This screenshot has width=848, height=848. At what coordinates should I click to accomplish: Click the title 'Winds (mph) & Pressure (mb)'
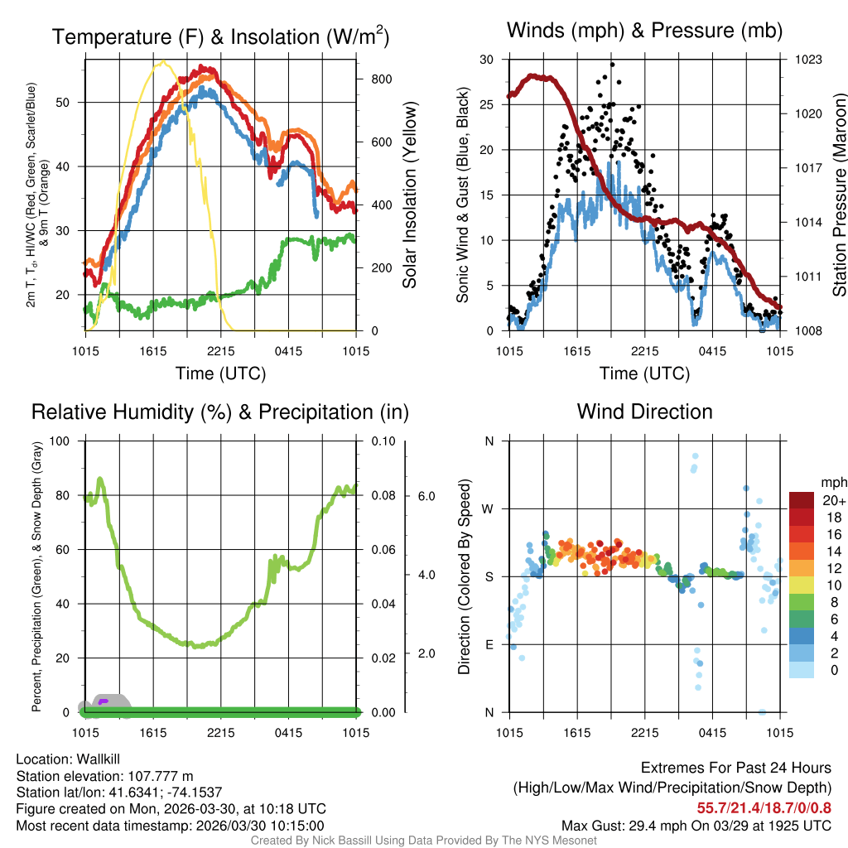(644, 31)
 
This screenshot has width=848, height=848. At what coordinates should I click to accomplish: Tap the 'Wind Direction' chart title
(644, 412)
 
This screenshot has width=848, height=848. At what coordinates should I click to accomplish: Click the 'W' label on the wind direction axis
(489, 508)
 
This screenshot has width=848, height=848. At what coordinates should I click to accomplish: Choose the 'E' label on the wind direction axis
(489, 644)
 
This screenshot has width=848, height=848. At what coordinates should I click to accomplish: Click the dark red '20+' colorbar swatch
(802, 500)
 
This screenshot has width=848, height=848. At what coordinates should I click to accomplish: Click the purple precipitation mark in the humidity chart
(104, 701)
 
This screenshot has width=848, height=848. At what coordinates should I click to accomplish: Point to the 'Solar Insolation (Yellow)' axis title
(409, 195)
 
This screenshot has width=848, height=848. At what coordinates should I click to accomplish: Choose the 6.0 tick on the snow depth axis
(426, 496)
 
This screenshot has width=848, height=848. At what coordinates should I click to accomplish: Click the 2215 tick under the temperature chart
(221, 350)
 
